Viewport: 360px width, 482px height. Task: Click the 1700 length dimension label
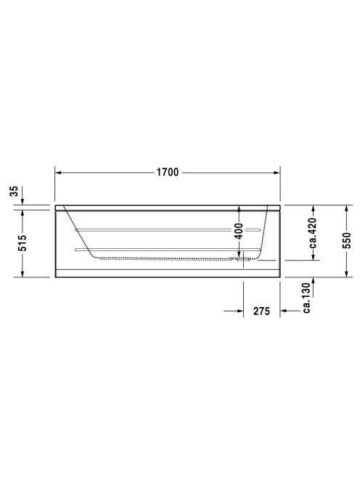coord(168,172)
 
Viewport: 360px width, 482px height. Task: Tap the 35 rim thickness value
coord(14,191)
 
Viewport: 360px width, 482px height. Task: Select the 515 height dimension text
coord(22,242)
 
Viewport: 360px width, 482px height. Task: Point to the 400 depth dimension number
coord(239,231)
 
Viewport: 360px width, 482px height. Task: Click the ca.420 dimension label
coord(313,233)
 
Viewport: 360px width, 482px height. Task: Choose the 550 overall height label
coord(346,241)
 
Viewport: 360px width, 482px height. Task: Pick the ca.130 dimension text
coord(307,298)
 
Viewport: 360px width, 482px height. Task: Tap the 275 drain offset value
coord(261,311)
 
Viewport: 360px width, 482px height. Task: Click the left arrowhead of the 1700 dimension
coord(58,173)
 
